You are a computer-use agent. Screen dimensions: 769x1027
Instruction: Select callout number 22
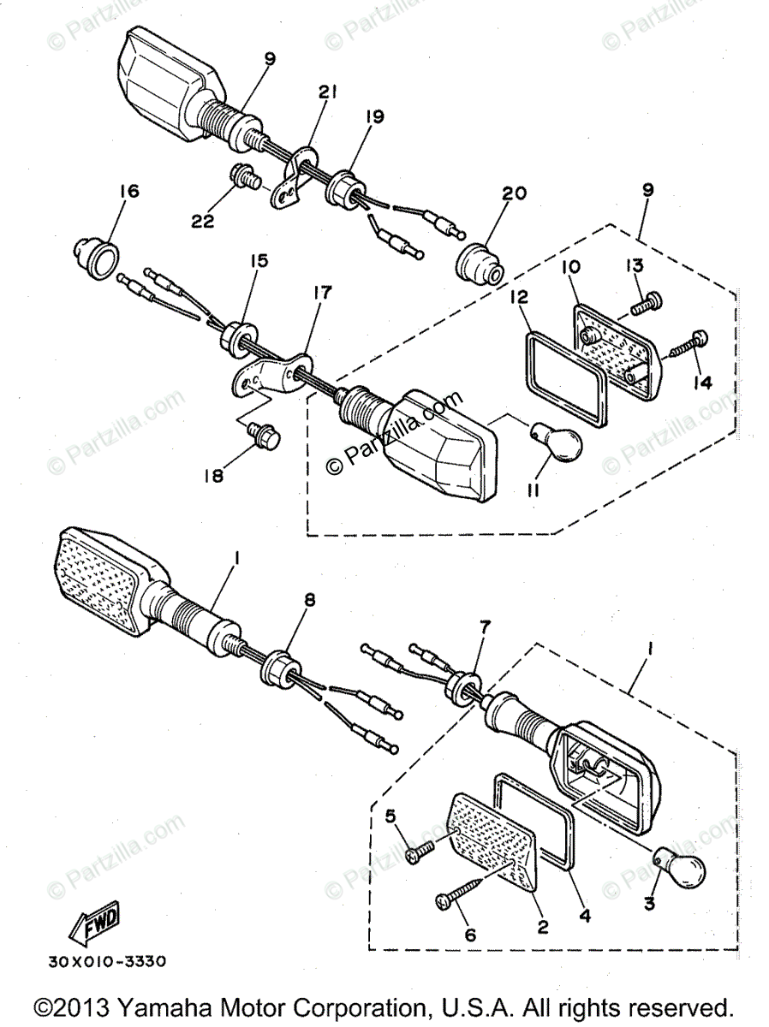[203, 221]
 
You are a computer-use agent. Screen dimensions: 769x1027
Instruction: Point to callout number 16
[129, 192]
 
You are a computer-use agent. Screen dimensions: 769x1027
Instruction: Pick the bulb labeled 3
[680, 868]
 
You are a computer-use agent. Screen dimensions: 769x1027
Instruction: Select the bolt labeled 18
[263, 434]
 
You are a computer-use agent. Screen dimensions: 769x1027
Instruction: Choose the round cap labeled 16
[97, 258]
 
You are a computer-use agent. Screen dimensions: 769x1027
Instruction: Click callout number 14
[702, 383]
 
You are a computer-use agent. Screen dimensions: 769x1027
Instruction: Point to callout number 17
[323, 292]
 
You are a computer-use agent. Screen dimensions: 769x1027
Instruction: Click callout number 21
[328, 92]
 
